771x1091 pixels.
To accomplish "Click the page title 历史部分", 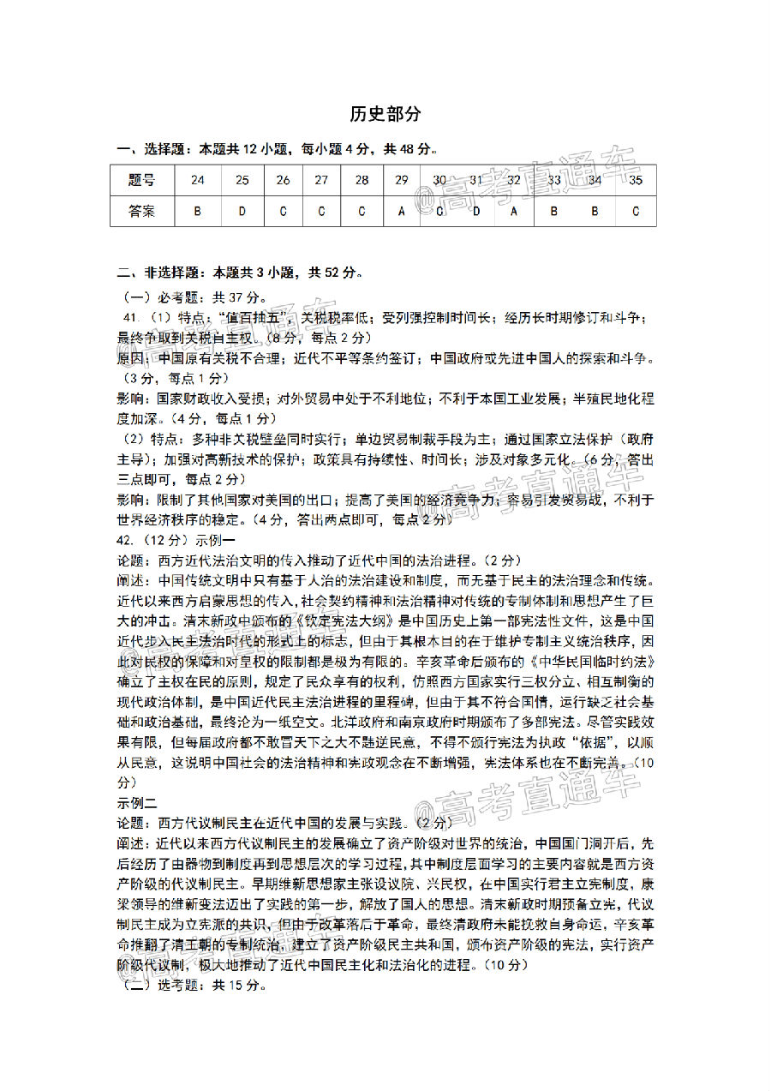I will point(385,114).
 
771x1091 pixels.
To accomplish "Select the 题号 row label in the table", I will point(142,180).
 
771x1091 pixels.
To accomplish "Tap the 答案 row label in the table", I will point(142,211).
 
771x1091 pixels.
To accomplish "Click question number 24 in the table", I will point(198,180).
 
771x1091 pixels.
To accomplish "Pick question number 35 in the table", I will point(635,180).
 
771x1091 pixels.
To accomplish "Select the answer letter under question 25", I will point(242,211).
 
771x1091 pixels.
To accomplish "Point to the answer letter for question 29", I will point(401,211).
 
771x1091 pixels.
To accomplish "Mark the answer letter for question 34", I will point(595,211).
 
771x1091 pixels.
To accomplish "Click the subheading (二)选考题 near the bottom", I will point(164,986).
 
